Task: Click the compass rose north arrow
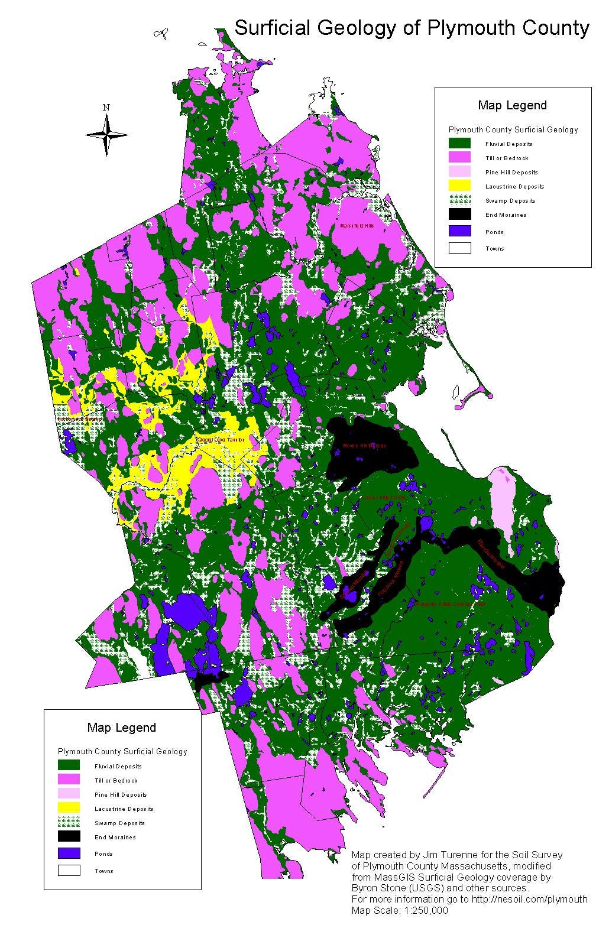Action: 106,135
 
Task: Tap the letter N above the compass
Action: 106,108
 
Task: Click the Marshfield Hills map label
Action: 357,226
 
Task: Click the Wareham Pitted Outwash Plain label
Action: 449,604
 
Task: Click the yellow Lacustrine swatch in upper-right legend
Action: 459,186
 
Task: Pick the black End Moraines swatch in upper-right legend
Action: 459,215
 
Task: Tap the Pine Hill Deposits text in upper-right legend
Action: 511,173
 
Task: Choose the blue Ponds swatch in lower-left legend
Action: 69,853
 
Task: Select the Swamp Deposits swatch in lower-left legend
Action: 69,823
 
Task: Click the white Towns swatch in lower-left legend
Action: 69,871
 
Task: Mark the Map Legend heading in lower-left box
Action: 122,728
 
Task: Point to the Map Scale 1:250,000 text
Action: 400,910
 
